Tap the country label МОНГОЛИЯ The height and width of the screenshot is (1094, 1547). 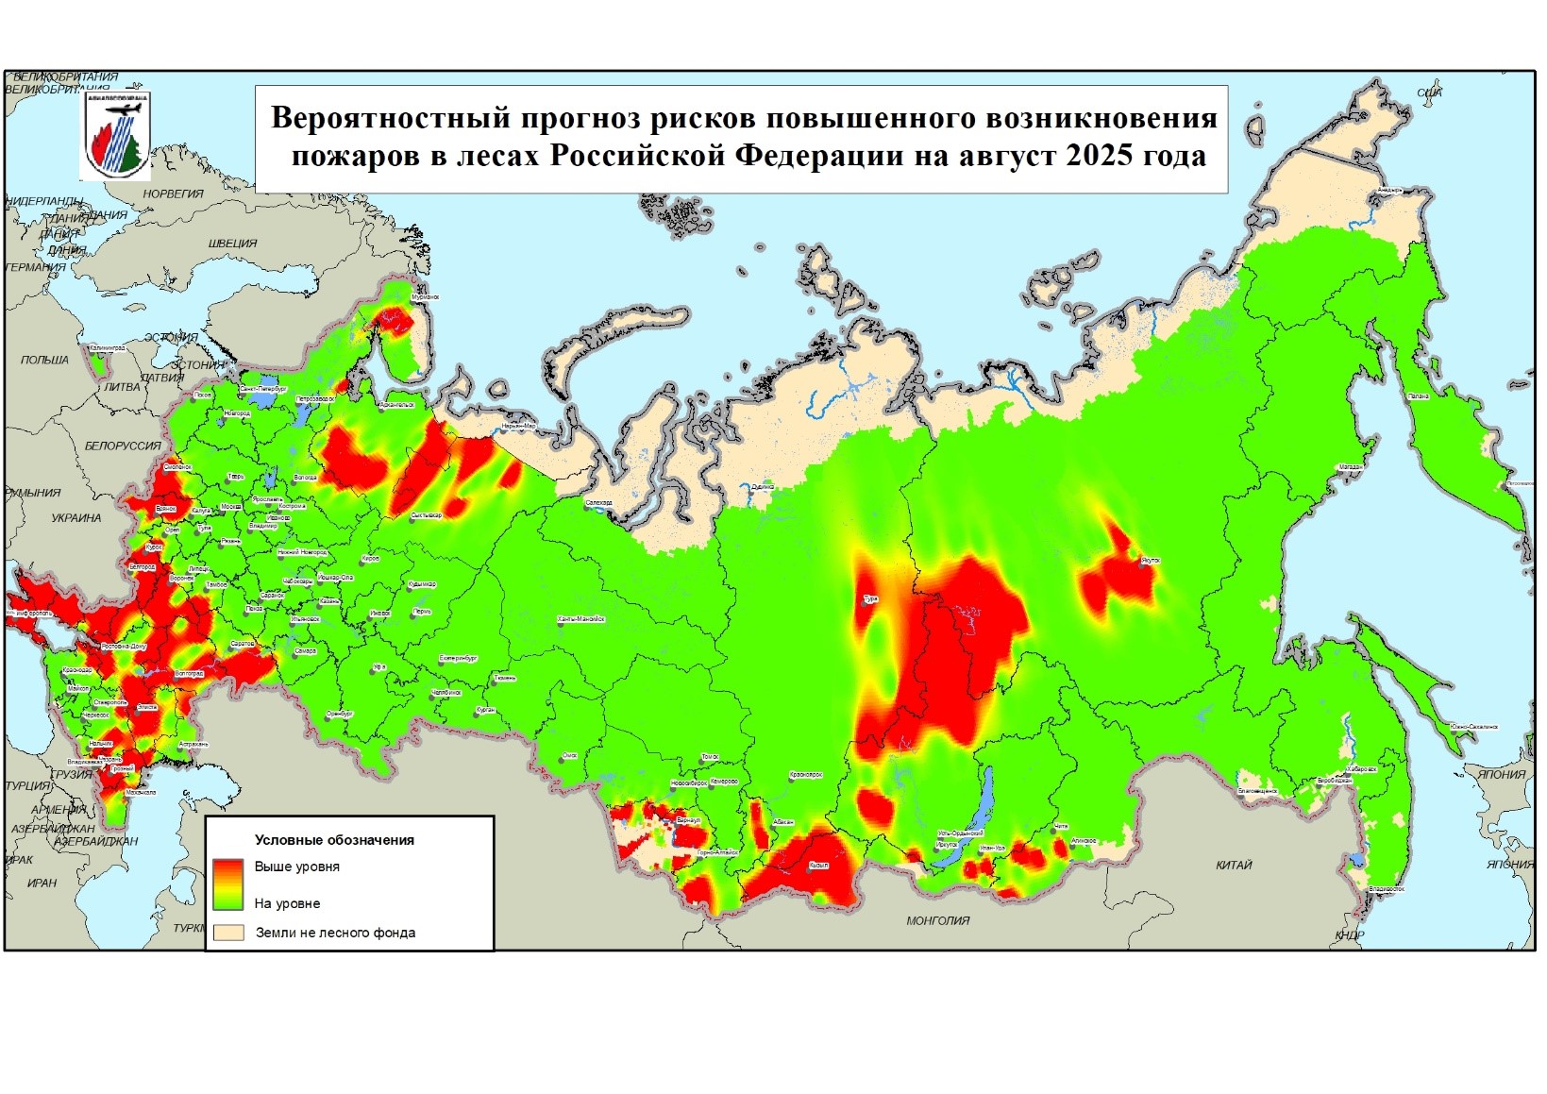(937, 920)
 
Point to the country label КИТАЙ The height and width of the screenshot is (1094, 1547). (1233, 865)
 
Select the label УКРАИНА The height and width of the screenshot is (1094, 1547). (76, 518)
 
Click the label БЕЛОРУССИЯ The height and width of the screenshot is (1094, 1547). (123, 446)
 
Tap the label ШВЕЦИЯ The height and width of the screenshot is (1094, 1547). (232, 244)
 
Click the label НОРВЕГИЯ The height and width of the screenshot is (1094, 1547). (173, 194)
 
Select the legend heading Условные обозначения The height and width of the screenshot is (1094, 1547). (334, 840)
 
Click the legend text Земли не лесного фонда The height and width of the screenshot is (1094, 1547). (335, 933)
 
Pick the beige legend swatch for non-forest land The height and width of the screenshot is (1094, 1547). (228, 933)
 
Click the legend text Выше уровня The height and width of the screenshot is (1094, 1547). (296, 867)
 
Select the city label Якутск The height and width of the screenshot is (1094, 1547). (1150, 561)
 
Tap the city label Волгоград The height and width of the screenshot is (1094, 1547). (189, 674)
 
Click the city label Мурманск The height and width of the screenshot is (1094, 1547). (425, 296)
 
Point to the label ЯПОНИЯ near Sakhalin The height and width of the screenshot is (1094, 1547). (1502, 774)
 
